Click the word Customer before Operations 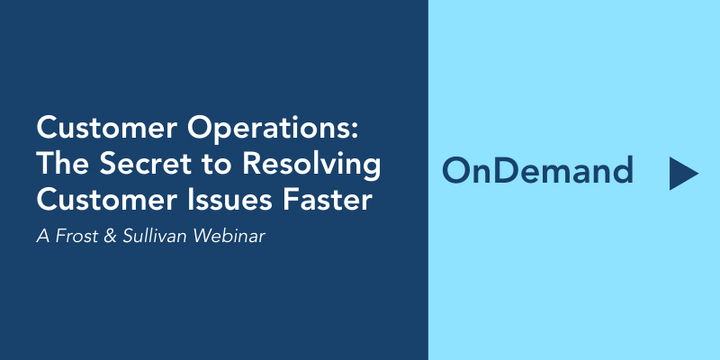(x=106, y=128)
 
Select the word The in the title (x=64, y=164)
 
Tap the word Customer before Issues (x=106, y=200)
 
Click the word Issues (x=228, y=200)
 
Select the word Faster (x=326, y=200)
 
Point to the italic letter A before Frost (x=42, y=236)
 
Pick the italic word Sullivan (x=155, y=236)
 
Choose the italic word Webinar (x=229, y=236)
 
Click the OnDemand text (x=537, y=170)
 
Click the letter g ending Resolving (x=372, y=170)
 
